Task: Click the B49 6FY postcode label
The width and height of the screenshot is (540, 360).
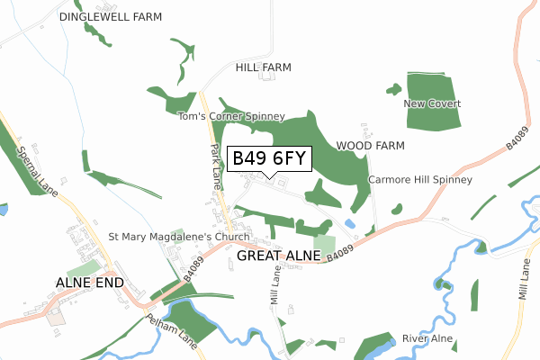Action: coord(270,159)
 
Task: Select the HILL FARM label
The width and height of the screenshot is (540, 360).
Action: coord(264,67)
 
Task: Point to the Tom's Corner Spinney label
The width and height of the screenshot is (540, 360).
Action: coord(231,116)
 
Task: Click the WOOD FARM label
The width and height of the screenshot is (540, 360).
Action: coord(370,145)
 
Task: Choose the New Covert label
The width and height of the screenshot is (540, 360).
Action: coord(432,104)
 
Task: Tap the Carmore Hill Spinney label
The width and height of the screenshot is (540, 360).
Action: coord(420,180)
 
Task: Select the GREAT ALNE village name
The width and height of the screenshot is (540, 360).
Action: coord(279,256)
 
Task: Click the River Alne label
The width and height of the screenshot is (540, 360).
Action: coord(427,338)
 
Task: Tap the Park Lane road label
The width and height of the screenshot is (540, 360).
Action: coord(216,166)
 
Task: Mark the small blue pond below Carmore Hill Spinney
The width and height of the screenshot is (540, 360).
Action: coord(349,223)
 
